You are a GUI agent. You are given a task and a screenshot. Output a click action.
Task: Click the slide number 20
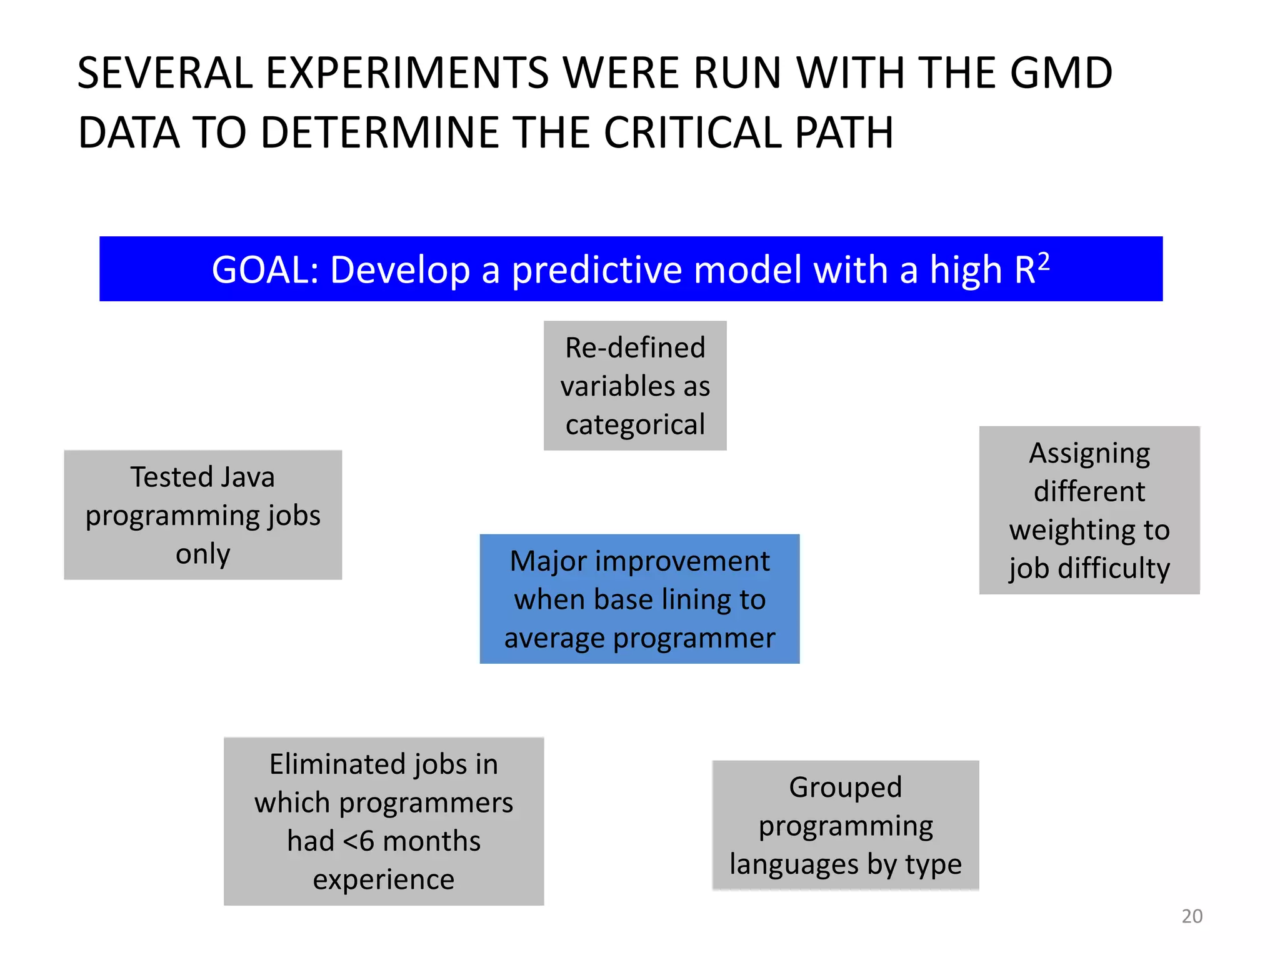(x=1191, y=916)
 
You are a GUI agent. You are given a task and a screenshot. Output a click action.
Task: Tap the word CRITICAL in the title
(x=692, y=133)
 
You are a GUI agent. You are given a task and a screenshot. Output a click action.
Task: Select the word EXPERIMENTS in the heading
(x=407, y=73)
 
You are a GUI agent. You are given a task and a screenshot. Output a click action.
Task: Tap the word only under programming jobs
(x=202, y=554)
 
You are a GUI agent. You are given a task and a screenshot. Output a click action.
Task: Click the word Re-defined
(x=635, y=347)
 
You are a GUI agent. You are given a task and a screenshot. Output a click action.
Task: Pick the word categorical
(x=635, y=425)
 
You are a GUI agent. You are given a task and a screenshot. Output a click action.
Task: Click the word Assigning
(x=1089, y=453)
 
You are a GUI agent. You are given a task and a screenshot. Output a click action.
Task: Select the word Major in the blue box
(x=547, y=561)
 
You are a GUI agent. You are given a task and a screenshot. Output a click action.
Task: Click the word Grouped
(x=845, y=787)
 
